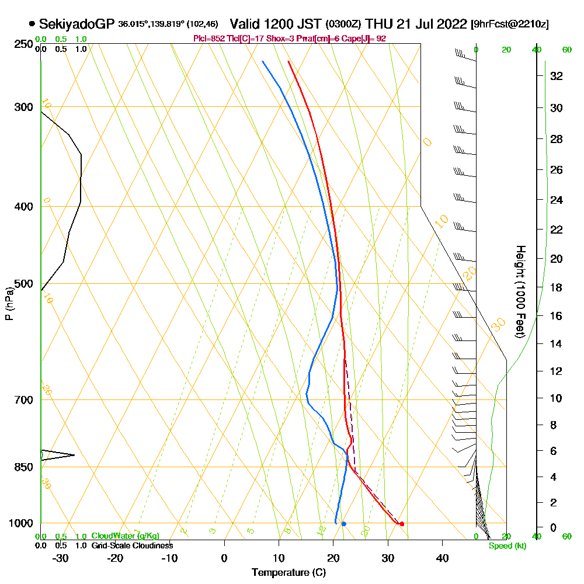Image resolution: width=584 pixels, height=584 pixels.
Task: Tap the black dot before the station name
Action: [32, 24]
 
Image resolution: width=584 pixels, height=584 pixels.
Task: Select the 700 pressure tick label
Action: [23, 400]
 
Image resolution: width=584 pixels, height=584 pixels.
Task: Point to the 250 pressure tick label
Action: [23, 44]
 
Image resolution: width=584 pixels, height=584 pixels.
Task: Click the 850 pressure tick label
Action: [23, 467]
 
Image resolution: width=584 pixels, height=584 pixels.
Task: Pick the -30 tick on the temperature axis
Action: [60, 558]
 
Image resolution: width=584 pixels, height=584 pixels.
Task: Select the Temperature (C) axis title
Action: [288, 573]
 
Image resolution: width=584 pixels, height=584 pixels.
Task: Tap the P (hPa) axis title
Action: [9, 303]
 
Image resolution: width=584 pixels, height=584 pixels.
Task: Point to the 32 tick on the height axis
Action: [556, 76]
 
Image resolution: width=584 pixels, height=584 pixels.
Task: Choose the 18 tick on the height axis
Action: [556, 287]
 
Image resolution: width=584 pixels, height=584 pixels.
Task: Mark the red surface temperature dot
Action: [402, 524]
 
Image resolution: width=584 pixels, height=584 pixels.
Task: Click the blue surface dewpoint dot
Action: [343, 524]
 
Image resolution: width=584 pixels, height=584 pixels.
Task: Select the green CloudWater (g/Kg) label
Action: [125, 536]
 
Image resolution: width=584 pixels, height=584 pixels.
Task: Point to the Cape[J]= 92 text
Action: [366, 39]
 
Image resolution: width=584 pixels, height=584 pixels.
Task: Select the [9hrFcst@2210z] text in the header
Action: [509, 25]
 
